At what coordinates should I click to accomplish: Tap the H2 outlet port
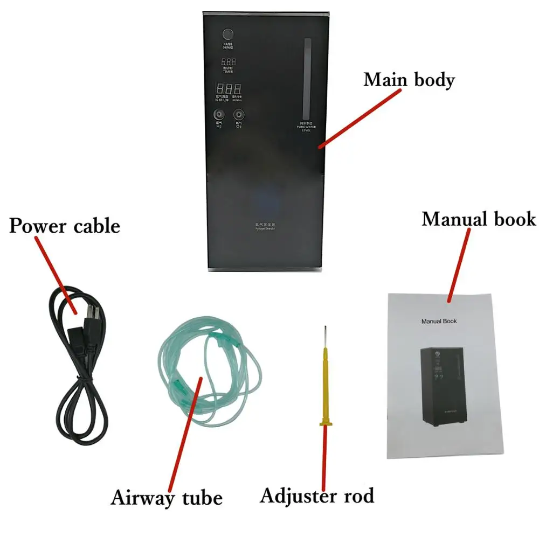pos(219,115)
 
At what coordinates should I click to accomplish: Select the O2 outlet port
pos(238,115)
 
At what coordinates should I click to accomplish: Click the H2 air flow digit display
pos(229,89)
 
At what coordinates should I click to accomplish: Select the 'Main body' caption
pos(409,80)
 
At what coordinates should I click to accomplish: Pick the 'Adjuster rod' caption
pos(317,495)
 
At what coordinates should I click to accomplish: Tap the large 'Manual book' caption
pos(479,219)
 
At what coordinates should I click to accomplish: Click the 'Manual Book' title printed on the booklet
pos(439,321)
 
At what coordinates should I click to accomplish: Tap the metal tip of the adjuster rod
pos(324,336)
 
